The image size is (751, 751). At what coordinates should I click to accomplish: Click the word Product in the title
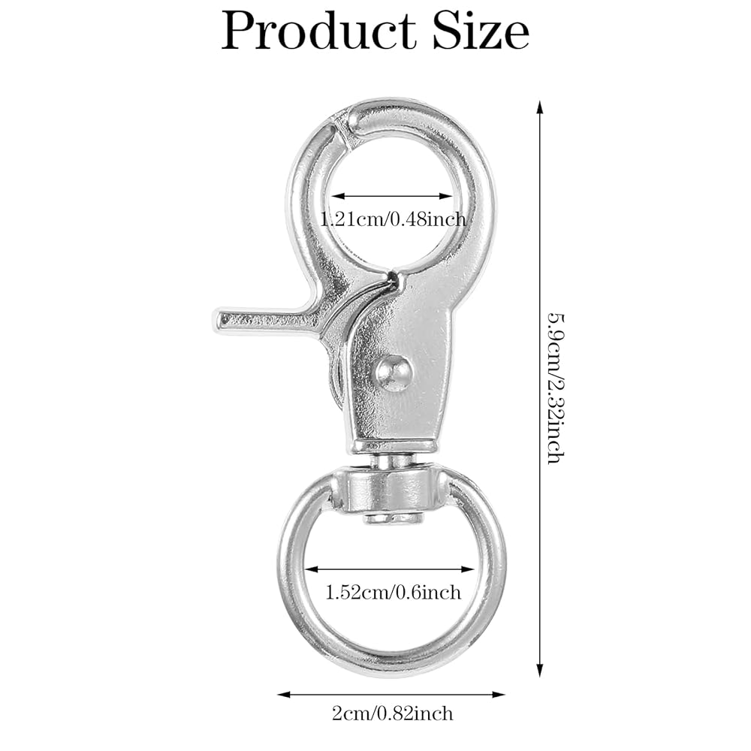[318, 32]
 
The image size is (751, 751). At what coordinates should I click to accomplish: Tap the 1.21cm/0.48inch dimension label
[394, 219]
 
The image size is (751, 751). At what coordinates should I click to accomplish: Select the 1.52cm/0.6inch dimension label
[393, 593]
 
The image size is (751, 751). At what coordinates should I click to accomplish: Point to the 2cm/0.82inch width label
[393, 713]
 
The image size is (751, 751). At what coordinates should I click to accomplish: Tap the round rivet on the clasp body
[394, 372]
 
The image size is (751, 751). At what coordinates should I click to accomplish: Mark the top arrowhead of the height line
[540, 106]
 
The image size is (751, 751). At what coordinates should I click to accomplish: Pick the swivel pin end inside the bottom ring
[393, 518]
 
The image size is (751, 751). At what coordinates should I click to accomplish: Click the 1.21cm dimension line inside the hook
[394, 196]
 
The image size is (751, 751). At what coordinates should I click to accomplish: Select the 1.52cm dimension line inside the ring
[391, 569]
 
